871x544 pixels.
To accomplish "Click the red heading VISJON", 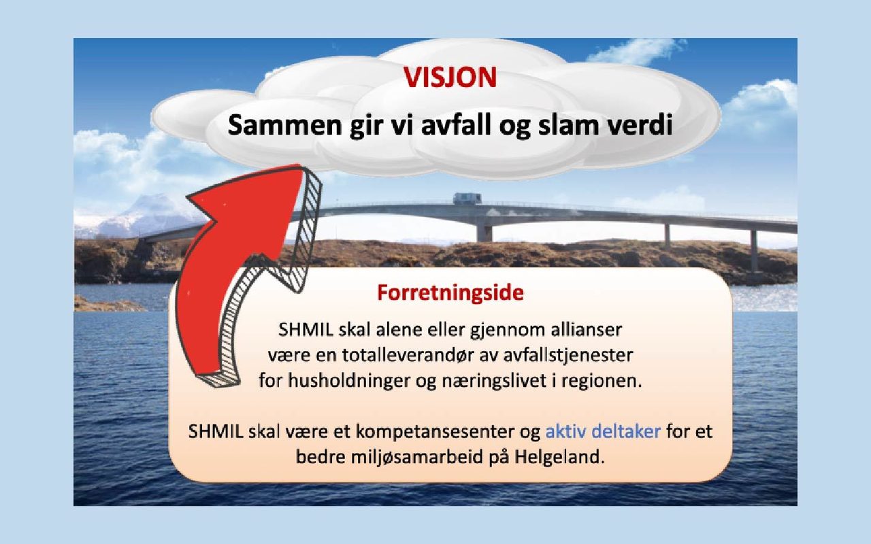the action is pos(450,77).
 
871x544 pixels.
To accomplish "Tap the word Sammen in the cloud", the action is pos(286,125).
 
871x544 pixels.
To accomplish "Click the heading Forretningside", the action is pos(450,293).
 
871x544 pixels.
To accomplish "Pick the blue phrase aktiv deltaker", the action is pos(603,431).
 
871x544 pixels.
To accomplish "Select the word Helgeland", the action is pos(560,457).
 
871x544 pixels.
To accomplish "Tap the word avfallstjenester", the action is pos(568,355).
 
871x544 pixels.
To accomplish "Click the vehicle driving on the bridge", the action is pos(467,198).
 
